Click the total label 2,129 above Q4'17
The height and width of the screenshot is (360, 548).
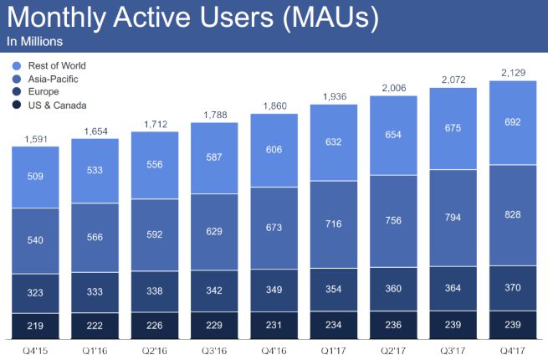coord(512,71)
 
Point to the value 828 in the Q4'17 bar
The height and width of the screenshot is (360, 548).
coord(512,215)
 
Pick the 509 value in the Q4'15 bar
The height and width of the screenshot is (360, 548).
coord(34,177)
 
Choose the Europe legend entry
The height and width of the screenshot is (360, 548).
coord(45,92)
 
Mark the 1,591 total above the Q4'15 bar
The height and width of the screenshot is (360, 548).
coord(34,138)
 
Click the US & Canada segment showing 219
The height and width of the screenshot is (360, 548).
coord(34,325)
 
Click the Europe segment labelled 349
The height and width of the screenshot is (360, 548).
coord(274,289)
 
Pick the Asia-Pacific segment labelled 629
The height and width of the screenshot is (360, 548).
coord(214,230)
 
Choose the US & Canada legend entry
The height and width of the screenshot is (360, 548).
coord(55,105)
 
